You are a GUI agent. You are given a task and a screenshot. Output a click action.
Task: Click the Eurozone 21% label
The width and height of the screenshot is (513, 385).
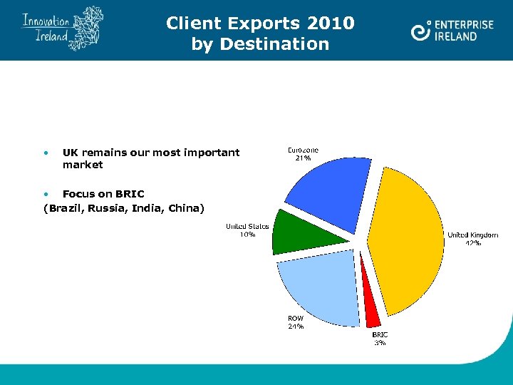point(303,154)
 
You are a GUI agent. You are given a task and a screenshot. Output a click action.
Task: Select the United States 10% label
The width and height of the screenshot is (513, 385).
point(247,230)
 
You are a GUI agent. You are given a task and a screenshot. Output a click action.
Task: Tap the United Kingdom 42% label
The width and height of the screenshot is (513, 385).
point(472,239)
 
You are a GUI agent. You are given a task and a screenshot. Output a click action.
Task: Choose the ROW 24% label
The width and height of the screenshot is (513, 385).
point(296,322)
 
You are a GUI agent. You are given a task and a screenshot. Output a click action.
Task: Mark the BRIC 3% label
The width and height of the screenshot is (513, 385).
point(380,339)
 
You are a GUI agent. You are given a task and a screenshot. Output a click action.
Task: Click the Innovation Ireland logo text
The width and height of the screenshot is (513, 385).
point(46,29)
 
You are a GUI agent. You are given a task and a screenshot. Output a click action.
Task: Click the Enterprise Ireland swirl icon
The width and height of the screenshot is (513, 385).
point(421,31)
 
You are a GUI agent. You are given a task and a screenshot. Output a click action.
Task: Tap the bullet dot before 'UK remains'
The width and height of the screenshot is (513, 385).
point(46,153)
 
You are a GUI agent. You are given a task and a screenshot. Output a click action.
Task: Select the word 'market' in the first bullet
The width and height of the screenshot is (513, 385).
point(83,165)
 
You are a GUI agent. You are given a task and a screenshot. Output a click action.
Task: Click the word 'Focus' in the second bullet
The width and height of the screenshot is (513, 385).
point(78,194)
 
